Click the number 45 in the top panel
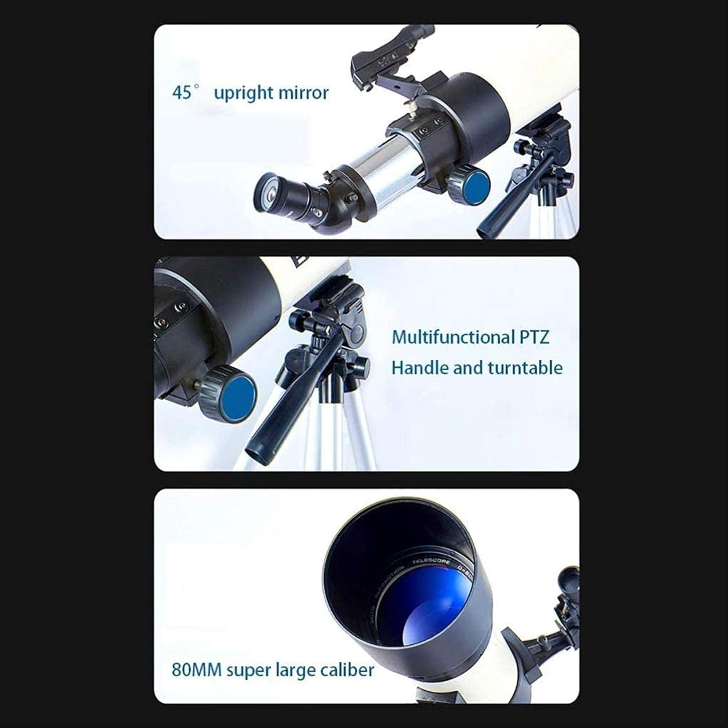pyautogui.click(x=182, y=92)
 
